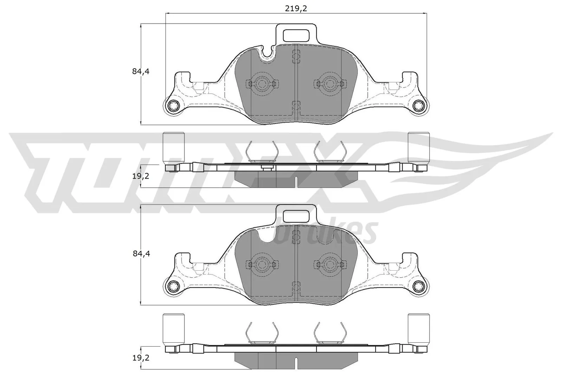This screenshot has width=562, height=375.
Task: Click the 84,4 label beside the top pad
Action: click(x=141, y=71)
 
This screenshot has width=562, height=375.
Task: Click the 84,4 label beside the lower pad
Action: click(x=141, y=253)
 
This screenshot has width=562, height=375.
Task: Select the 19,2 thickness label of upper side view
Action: click(x=141, y=176)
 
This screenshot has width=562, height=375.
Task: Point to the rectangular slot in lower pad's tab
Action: click(x=296, y=216)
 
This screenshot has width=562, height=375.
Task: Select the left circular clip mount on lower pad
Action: click(x=262, y=264)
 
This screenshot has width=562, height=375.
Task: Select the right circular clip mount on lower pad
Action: click(x=329, y=264)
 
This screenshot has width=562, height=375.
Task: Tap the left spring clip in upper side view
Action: click(x=262, y=151)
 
